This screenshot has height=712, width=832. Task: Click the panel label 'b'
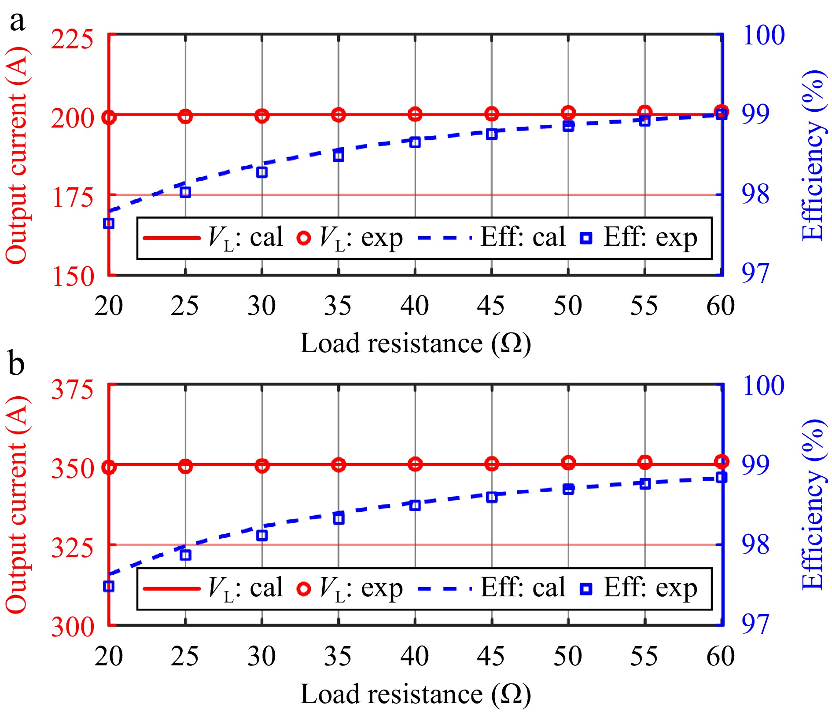16,365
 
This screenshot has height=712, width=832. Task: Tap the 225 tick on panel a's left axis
72,40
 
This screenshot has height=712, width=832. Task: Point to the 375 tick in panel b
72,390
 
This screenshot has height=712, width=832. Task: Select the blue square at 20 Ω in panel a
109,223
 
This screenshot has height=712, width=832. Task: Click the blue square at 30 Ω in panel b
262,535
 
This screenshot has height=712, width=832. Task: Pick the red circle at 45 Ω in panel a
492,114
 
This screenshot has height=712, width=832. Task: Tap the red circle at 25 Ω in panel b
185,466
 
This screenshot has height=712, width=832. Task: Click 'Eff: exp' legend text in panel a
650,238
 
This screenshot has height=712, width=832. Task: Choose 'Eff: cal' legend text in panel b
523,588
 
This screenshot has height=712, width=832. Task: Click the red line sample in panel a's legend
172,238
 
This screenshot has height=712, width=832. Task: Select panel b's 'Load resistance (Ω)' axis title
416,694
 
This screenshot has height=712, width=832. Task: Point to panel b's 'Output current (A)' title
16,504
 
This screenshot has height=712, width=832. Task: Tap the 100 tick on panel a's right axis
763,35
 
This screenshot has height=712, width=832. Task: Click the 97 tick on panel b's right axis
755,624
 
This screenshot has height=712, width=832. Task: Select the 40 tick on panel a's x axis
414,306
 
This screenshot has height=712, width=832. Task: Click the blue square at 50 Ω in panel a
568,126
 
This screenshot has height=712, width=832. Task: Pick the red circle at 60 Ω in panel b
722,462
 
